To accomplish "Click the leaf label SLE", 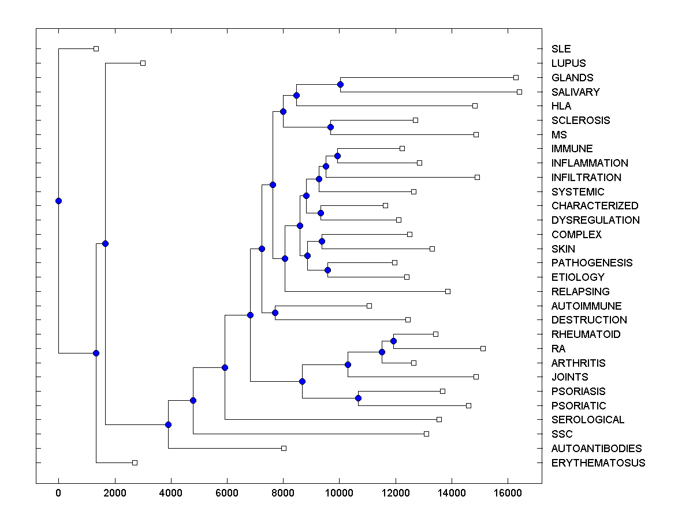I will click(561, 49).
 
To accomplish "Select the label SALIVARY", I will click(575, 92).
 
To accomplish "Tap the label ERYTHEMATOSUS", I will click(598, 463).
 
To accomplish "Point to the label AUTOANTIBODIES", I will click(597, 449).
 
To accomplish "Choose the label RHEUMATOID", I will click(586, 334).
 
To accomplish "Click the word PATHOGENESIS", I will click(592, 263).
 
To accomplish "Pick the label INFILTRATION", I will click(586, 178).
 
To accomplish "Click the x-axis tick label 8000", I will click(283, 492).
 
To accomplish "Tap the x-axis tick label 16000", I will click(508, 492).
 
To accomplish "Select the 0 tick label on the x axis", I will click(58, 492).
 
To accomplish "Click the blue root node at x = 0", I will click(58, 201).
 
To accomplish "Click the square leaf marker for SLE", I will click(96, 49).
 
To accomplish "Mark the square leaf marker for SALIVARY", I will click(519, 92).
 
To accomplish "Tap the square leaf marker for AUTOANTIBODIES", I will click(284, 448).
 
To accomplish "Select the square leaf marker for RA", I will click(483, 348).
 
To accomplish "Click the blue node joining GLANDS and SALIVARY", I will click(340, 85).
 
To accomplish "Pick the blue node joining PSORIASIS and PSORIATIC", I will click(358, 398).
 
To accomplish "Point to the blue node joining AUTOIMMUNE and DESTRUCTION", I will click(275, 313).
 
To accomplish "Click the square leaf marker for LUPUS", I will click(143, 63).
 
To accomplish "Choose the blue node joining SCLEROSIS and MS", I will click(331, 127).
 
